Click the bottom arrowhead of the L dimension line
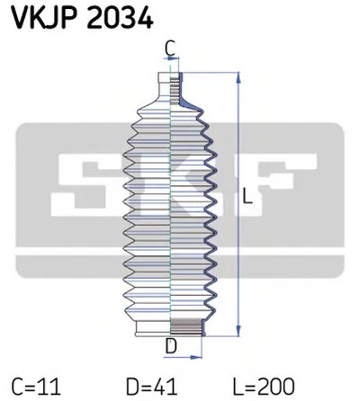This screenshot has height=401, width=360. [x=237, y=332]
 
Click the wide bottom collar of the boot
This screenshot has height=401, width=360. [x=171, y=329]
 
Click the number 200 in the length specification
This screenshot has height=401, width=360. [x=283, y=385]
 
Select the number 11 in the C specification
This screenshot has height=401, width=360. [x=50, y=385]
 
